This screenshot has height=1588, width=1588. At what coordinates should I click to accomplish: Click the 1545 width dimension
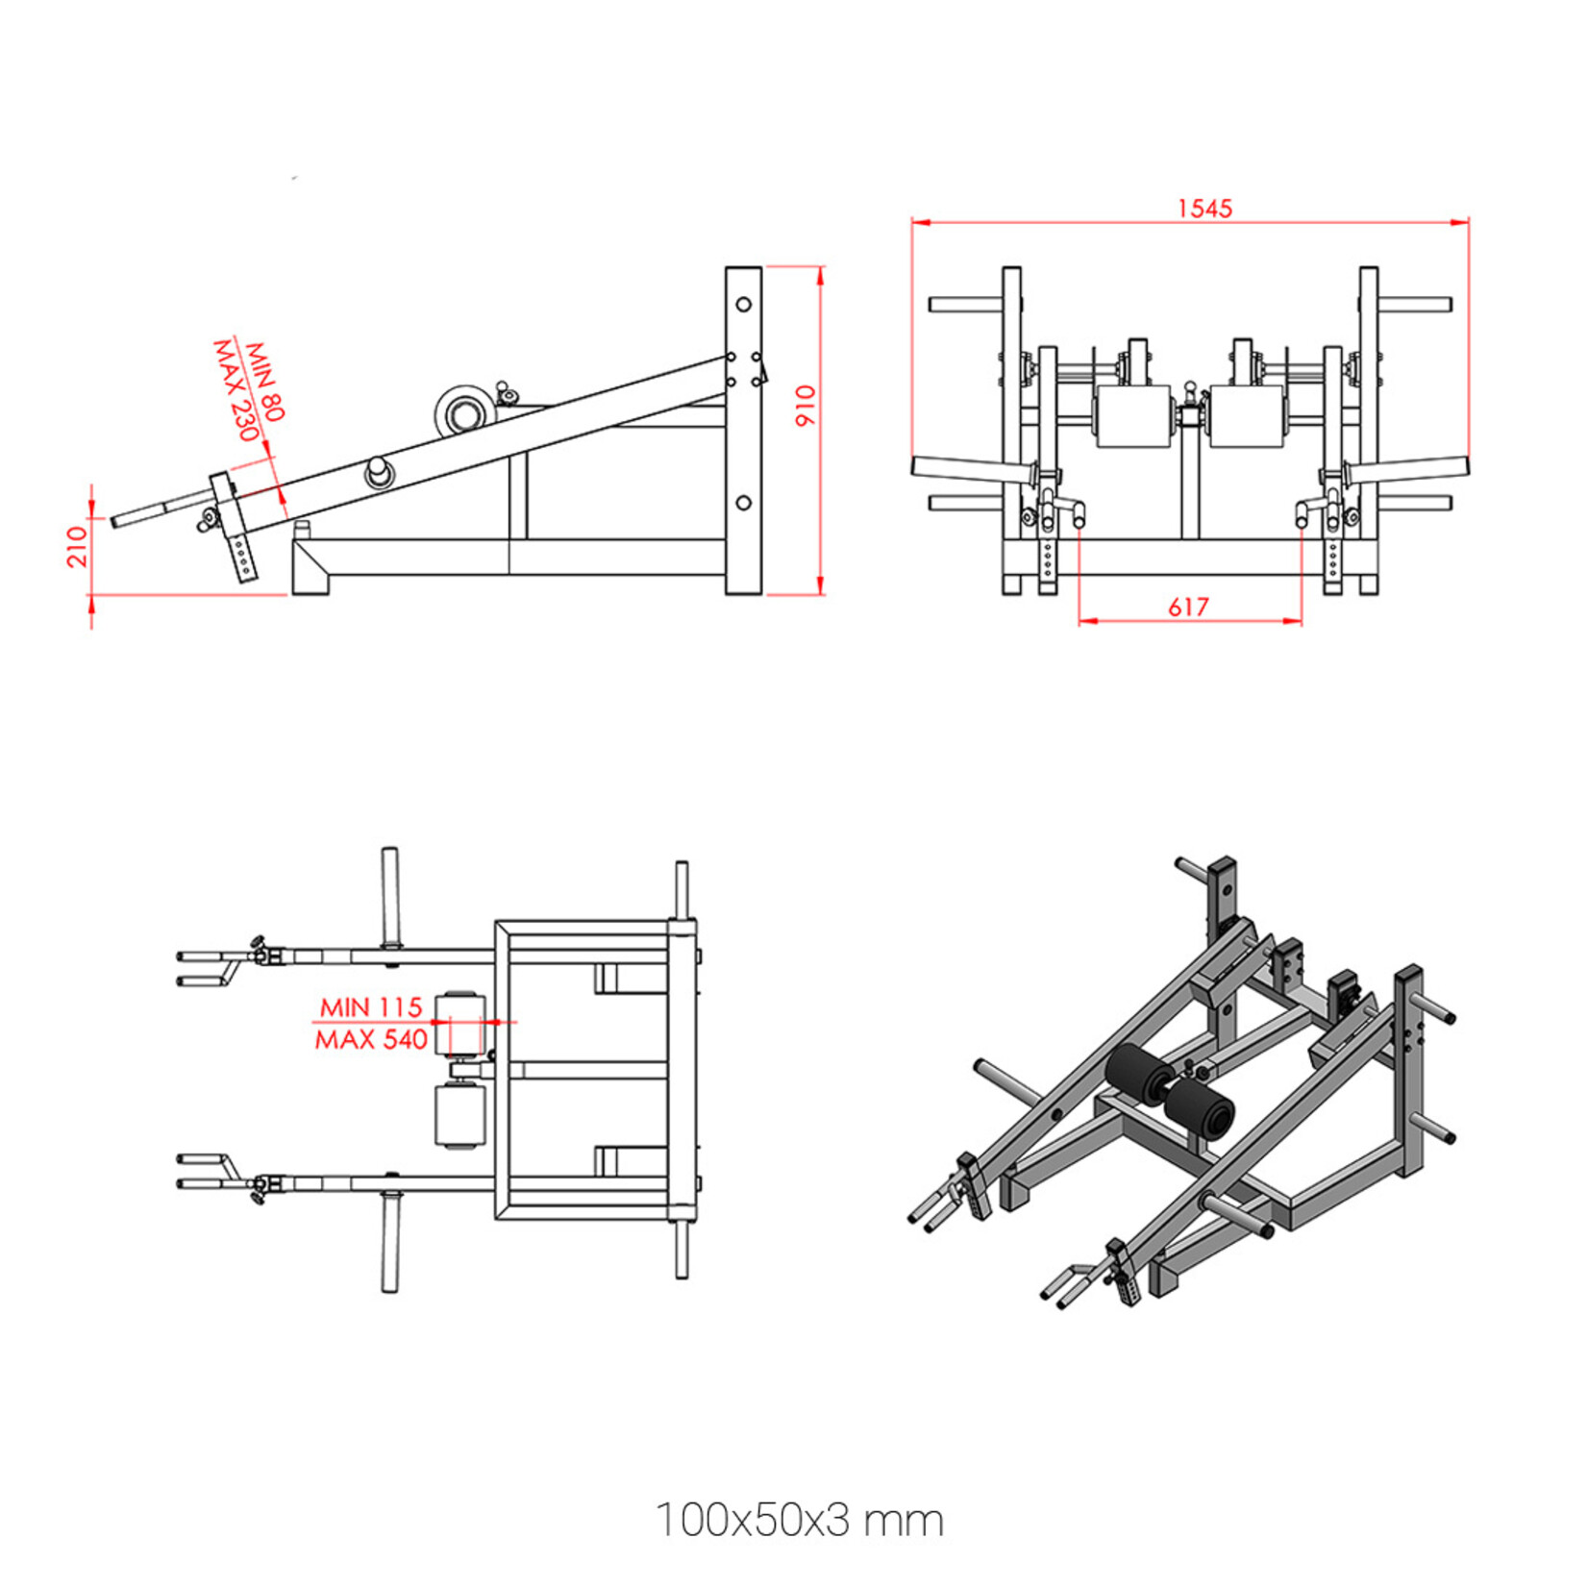point(1204,209)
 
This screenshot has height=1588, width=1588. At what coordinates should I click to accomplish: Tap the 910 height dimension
point(805,406)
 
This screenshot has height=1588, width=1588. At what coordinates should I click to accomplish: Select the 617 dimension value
point(1188,607)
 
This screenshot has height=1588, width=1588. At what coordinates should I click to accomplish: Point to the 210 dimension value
point(78,545)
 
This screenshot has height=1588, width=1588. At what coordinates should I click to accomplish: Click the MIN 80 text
point(264,381)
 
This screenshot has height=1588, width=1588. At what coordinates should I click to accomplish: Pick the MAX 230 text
point(236,389)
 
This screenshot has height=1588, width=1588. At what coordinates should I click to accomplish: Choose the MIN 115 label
point(370,1007)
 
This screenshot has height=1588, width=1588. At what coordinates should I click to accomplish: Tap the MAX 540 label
point(370,1039)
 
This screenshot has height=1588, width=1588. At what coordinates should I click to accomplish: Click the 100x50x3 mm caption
point(799,1521)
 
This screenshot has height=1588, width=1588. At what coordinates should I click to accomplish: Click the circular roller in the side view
point(465,414)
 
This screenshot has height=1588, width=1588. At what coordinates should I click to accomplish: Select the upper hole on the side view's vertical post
point(743,305)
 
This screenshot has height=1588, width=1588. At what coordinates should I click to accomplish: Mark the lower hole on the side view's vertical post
point(743,503)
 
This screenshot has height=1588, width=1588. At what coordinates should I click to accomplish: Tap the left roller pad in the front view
point(1134,416)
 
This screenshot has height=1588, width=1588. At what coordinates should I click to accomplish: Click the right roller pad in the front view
point(1247,416)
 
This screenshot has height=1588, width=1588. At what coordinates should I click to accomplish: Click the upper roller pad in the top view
point(459,1024)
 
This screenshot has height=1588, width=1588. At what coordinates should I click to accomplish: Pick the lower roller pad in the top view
point(459,1116)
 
